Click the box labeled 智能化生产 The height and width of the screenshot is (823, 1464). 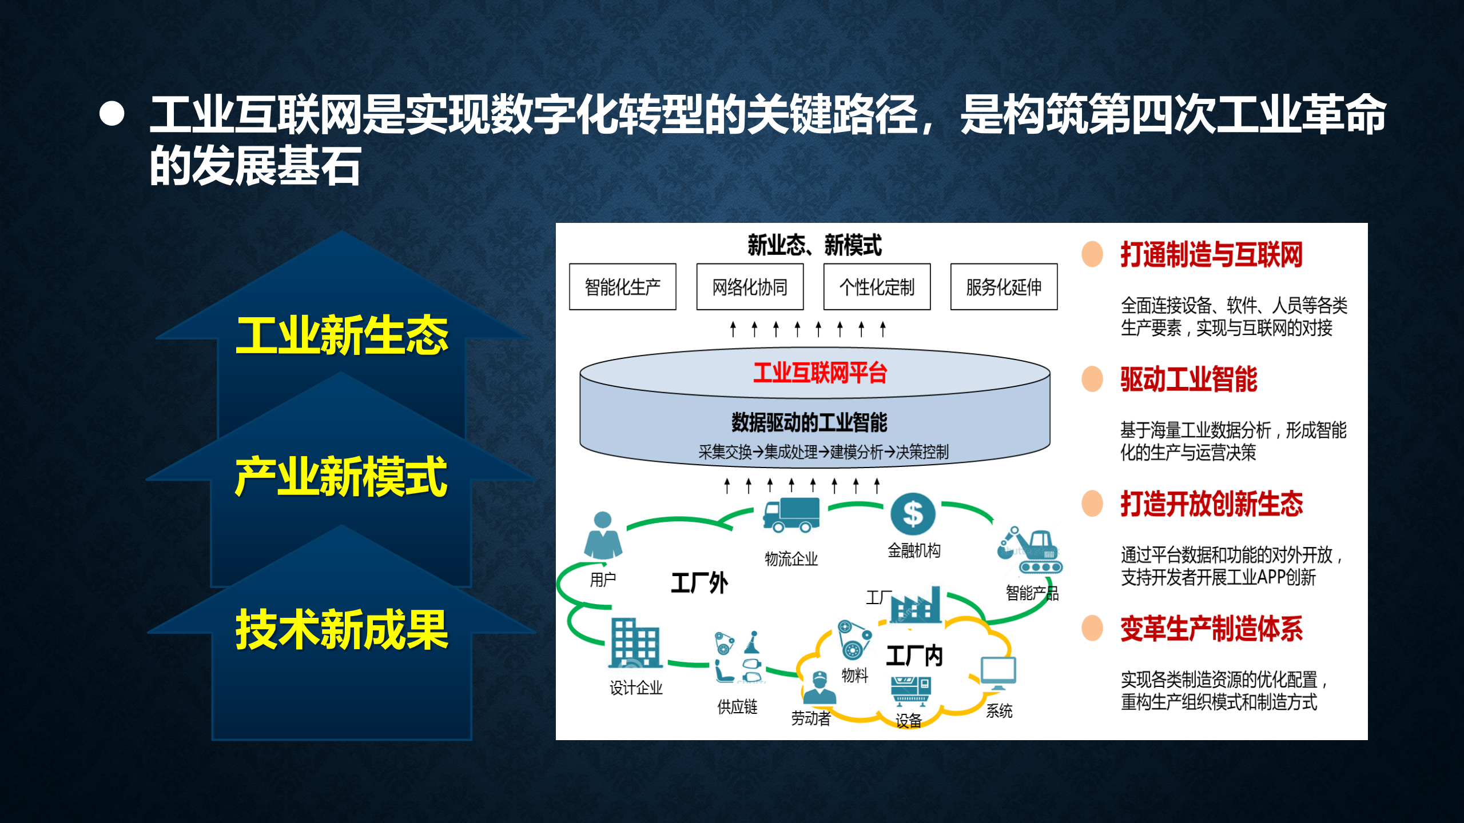point(622,287)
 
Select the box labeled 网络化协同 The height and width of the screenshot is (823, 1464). point(750,287)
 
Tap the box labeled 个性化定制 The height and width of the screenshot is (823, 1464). point(877,287)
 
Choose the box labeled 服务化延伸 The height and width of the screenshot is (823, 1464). point(1004,287)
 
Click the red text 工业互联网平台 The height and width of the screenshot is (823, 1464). point(819,373)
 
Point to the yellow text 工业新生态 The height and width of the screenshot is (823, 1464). point(341,335)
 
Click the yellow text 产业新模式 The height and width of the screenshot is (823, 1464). point(341,477)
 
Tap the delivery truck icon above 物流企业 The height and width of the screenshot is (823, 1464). point(791,515)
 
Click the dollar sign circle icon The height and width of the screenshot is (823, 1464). point(913,513)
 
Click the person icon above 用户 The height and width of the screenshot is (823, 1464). point(603,536)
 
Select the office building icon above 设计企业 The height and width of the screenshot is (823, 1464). point(635,643)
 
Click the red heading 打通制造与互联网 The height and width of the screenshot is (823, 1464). point(1211,255)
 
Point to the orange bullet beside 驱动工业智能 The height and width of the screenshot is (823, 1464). point(1092,379)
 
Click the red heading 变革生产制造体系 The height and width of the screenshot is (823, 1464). point(1211,629)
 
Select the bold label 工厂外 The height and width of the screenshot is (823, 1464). point(699,584)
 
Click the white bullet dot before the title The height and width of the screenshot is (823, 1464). point(112,114)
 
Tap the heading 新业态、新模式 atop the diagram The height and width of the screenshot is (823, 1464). point(814,245)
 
